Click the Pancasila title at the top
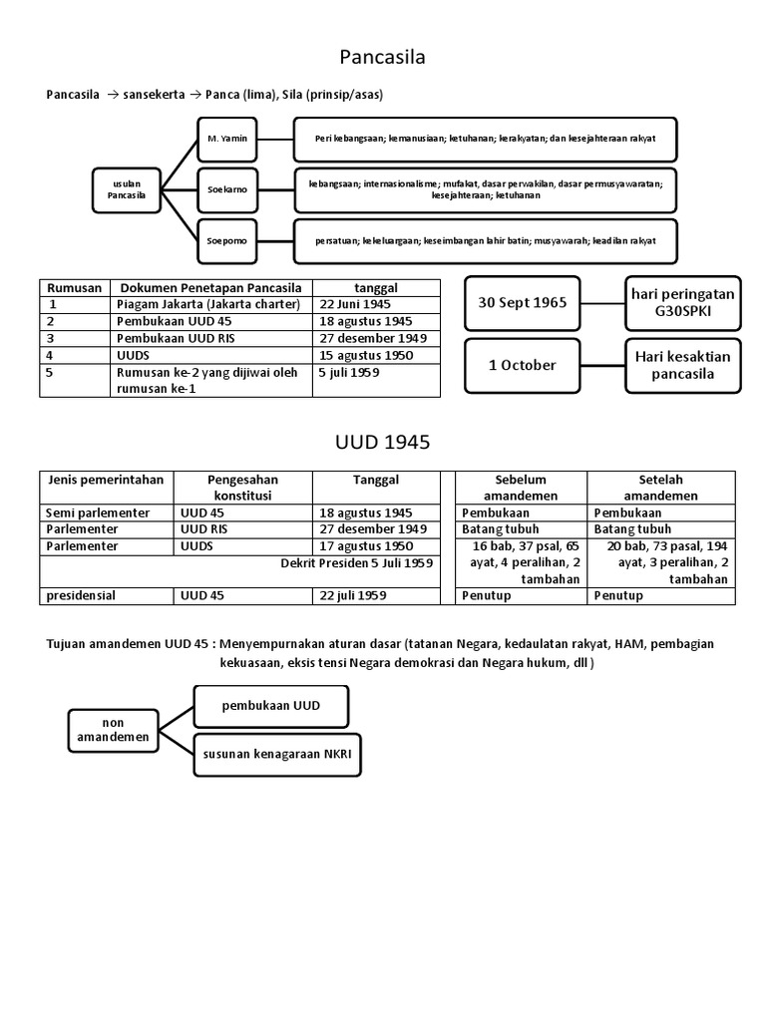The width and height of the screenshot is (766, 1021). pyautogui.click(x=382, y=58)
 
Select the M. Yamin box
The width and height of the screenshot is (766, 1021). pyautogui.click(x=226, y=139)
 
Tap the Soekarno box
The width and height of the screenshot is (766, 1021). pyautogui.click(x=226, y=188)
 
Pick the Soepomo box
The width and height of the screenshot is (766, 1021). pyautogui.click(x=226, y=240)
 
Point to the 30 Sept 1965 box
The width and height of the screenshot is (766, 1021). pyautogui.click(x=522, y=302)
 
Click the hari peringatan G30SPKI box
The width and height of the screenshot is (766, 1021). pyautogui.click(x=683, y=302)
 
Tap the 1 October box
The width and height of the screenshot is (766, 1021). pyautogui.click(x=522, y=365)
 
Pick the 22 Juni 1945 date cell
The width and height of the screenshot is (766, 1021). pyautogui.click(x=355, y=304)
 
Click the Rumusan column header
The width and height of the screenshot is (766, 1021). pyautogui.click(x=75, y=287)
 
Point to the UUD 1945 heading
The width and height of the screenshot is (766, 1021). pyautogui.click(x=382, y=443)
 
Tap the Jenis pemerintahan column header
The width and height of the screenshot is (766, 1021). pyautogui.click(x=106, y=480)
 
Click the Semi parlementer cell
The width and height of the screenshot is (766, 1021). pyautogui.click(x=98, y=512)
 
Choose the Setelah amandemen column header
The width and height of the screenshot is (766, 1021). pyautogui.click(x=661, y=488)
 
